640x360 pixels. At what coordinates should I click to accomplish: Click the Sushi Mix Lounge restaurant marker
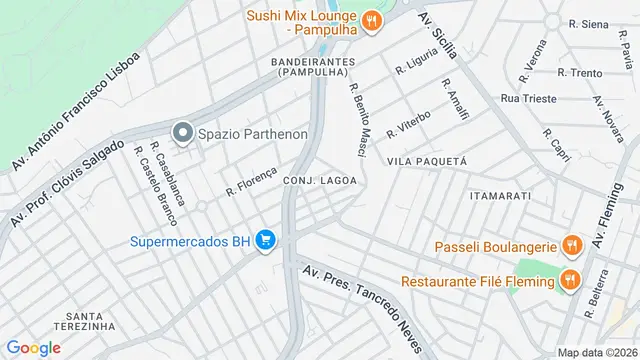coord(371,20)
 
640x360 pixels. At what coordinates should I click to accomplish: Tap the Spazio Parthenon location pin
coord(182,133)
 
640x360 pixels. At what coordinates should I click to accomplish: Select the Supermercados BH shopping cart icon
coord(265,240)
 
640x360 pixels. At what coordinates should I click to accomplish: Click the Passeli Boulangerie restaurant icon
coord(571,245)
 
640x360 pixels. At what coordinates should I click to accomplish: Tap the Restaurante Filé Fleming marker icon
coord(569,280)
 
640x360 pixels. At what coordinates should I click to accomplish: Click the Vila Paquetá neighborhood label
coord(427,161)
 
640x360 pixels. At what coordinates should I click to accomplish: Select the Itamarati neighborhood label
coord(499,196)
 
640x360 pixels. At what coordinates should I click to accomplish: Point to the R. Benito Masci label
coord(358,119)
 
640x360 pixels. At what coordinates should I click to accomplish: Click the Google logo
coord(34,347)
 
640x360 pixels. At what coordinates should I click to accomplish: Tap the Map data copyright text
coord(597,352)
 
